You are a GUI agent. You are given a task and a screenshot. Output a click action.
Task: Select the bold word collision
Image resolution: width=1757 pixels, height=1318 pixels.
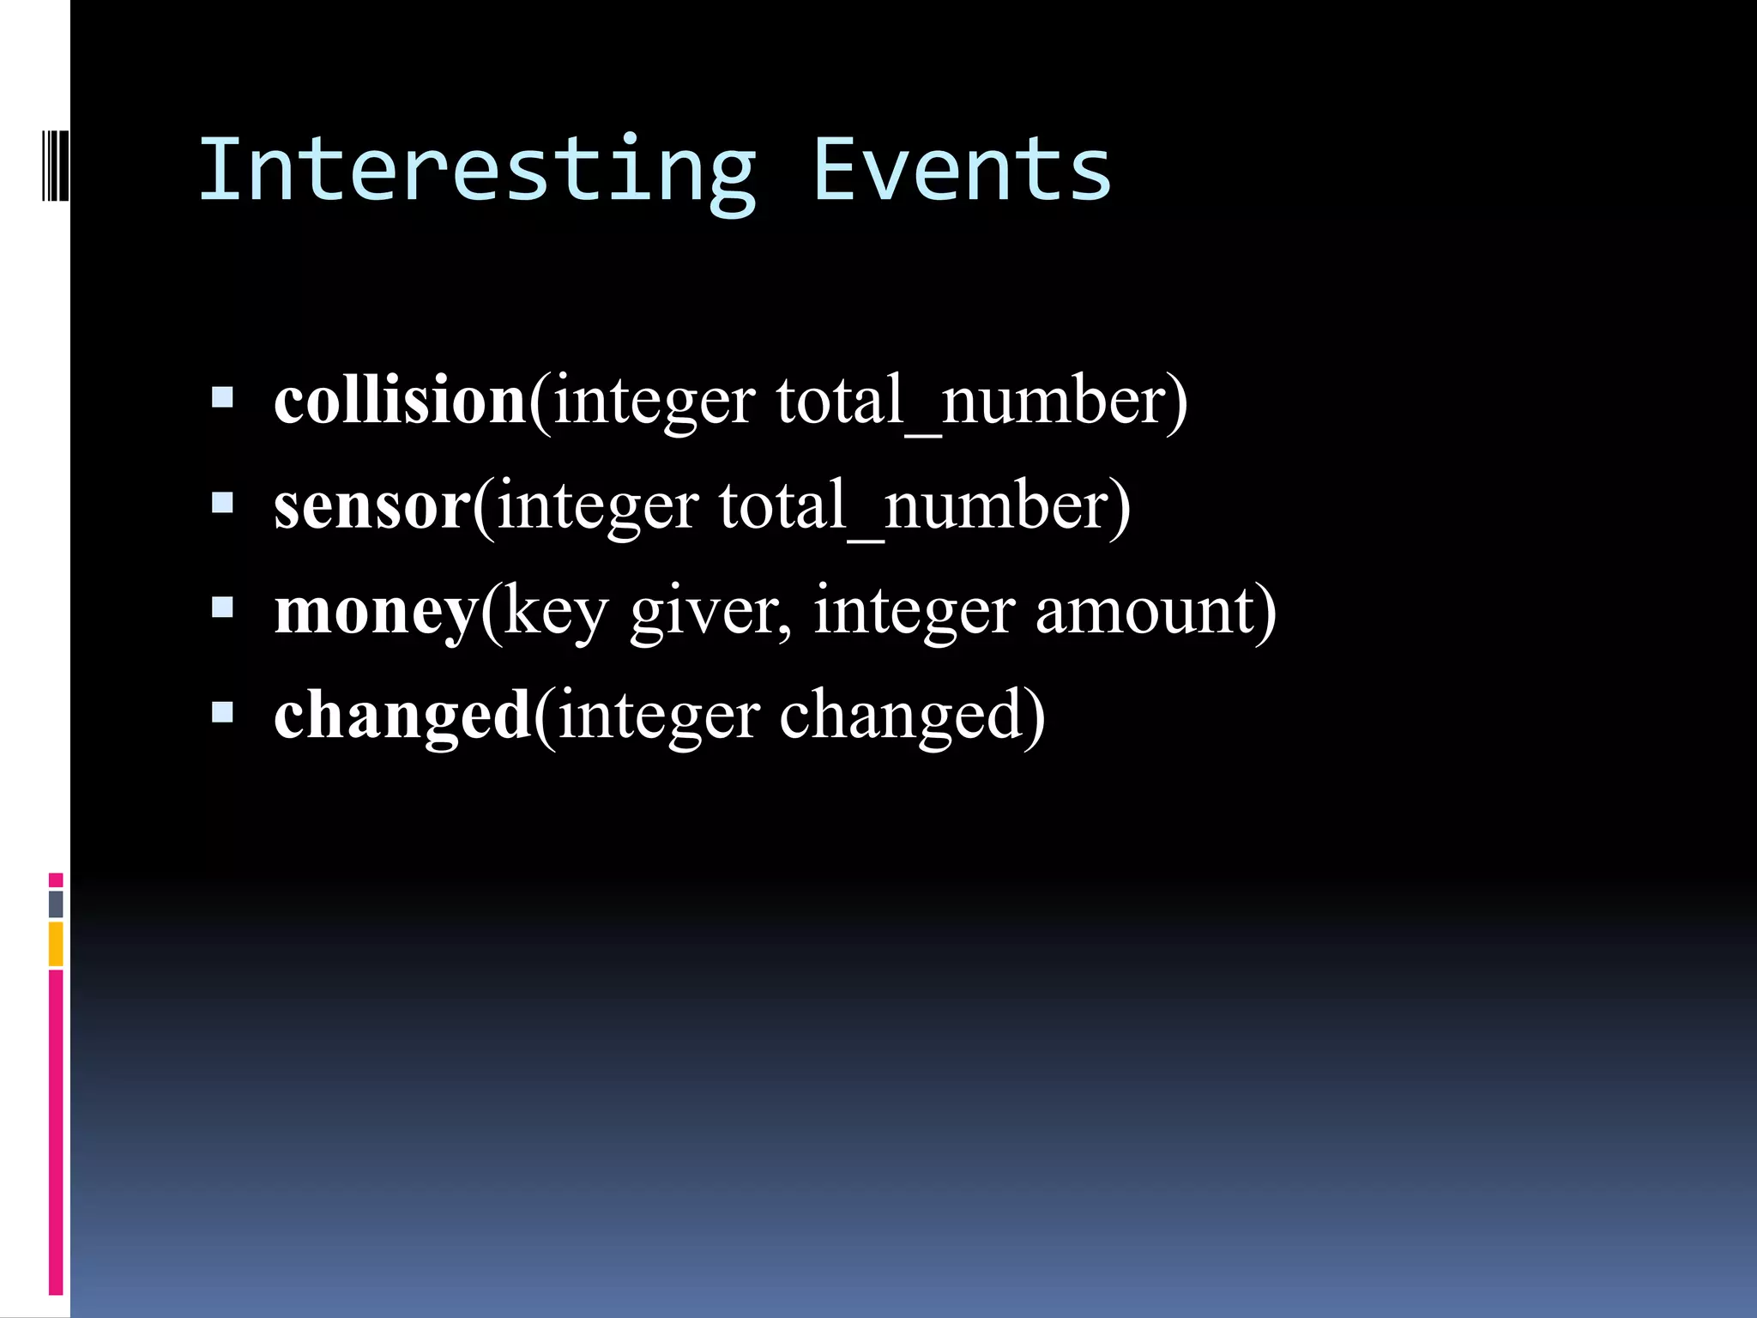coord(400,400)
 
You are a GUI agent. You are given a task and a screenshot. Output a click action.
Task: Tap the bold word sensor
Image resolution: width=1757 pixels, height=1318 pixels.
coord(372,505)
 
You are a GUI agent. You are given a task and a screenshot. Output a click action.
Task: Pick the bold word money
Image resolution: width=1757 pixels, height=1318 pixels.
coord(376,612)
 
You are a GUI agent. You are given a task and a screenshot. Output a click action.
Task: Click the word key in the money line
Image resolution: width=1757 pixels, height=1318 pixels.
coord(555,613)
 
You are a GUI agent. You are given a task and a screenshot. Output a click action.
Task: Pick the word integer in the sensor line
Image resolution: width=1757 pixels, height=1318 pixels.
coord(597,507)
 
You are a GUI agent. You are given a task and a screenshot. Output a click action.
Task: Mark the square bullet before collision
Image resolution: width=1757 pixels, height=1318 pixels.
coord(222,396)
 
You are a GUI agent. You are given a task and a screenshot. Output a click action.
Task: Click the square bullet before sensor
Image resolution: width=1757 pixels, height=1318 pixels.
coord(222,502)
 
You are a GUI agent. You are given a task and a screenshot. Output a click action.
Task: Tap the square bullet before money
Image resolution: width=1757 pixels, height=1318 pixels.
coord(222,608)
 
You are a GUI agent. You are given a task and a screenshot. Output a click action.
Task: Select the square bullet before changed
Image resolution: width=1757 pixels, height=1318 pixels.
coord(222,712)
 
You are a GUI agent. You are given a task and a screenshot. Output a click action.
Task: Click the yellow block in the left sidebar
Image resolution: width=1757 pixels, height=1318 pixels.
coord(56,943)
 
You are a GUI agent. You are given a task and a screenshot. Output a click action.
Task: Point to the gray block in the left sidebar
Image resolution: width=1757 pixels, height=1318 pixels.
coord(56,904)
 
